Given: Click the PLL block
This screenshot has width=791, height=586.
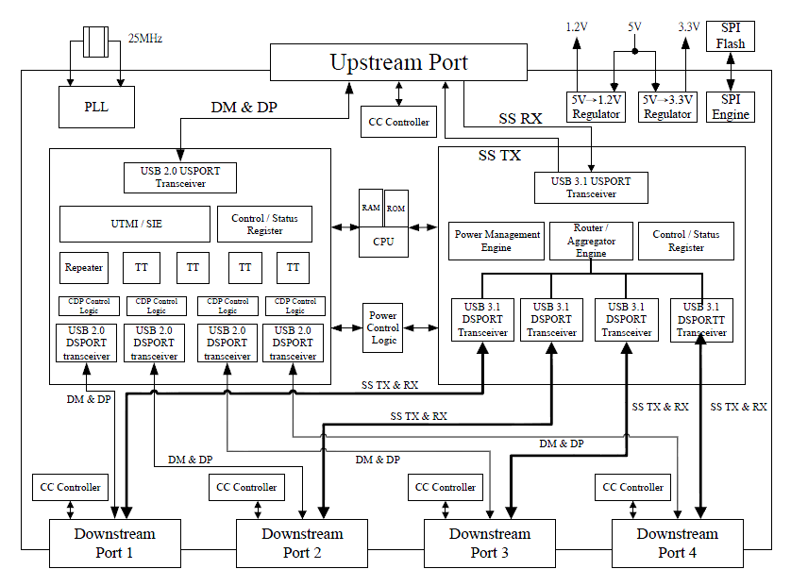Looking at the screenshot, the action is coord(96,107).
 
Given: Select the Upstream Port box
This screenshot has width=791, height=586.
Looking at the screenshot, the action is coord(398,62).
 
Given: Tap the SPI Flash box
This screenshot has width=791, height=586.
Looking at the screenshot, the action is coord(731,36).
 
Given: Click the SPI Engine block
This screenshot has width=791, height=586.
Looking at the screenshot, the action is coord(731,107).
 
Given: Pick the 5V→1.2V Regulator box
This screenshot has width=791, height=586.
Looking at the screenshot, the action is coord(596,107).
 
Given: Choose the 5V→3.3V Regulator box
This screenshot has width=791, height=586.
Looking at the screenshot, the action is coord(667,107).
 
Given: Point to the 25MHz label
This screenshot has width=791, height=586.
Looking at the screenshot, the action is coord(145,39).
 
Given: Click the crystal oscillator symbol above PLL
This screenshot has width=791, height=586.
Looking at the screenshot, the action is coord(96,42).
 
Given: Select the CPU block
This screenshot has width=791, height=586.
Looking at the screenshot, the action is coord(383,243).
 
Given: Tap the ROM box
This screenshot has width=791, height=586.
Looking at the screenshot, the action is coord(396,209).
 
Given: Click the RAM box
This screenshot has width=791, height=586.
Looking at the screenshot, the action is coord(371,208).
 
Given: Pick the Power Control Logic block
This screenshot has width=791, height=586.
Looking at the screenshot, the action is coord(383,327).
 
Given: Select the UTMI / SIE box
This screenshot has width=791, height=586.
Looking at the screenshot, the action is coord(135,224).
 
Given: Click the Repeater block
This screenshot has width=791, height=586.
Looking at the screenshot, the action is coord(84,268).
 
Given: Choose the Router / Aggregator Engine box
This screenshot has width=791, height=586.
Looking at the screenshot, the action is coord(591,241).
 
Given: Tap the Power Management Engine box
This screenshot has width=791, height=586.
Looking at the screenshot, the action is coord(496,241).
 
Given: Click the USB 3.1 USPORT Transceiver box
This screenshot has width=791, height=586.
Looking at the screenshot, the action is coord(591,188).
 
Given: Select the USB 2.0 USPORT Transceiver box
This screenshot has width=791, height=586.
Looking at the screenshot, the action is coord(180,177).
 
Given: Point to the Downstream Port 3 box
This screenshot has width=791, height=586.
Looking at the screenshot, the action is coord(490,544).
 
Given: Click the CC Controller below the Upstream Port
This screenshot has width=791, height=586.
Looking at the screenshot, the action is coord(399,122).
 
